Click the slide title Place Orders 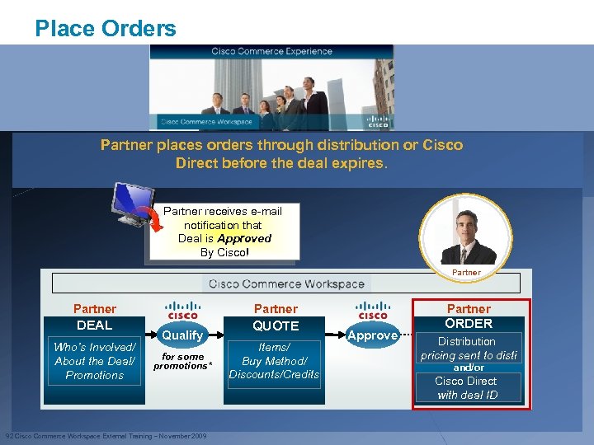(x=106, y=29)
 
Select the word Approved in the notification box (x=243, y=238)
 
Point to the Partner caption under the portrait (x=466, y=272)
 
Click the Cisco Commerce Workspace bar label (x=286, y=284)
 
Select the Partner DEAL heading (x=95, y=316)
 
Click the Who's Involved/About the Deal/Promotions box (x=95, y=361)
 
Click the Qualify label (x=182, y=335)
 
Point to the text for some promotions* (x=182, y=361)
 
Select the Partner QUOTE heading (x=276, y=316)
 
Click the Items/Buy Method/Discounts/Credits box (x=274, y=361)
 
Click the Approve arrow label (x=373, y=335)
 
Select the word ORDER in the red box (x=469, y=324)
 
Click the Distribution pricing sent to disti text (x=468, y=349)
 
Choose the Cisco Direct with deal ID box (x=467, y=387)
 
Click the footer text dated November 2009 (x=106, y=436)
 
